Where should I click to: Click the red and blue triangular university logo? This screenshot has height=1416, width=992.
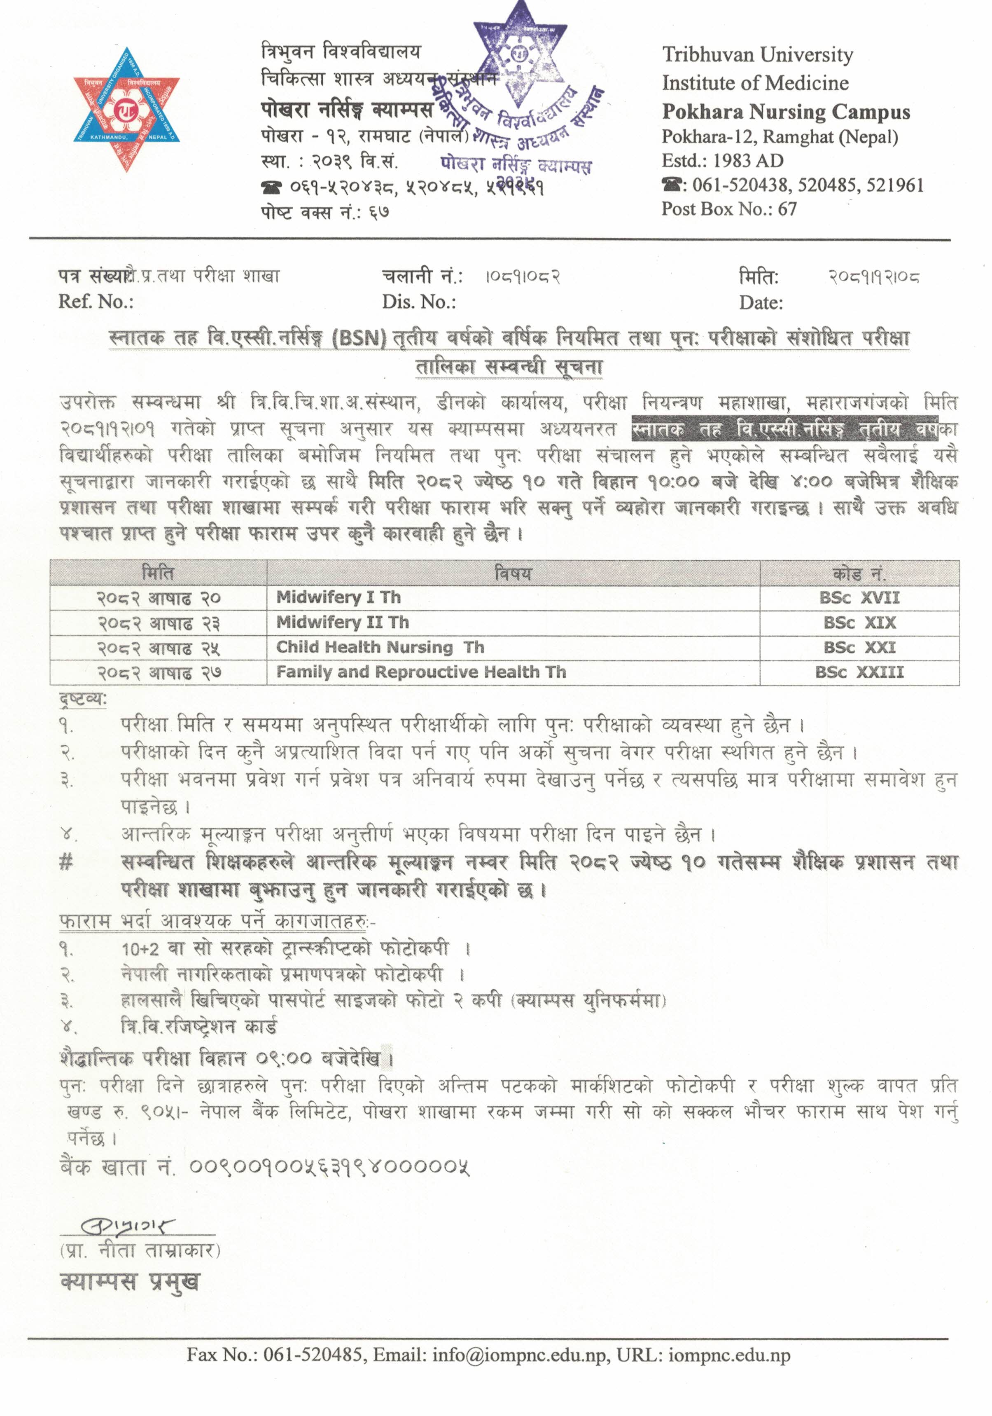pos(126,109)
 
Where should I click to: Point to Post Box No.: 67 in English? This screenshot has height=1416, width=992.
pos(729,209)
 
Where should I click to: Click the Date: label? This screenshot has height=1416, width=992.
pos(761,303)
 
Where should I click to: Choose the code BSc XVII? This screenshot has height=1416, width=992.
pos(859,598)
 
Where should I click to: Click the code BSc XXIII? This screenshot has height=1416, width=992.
pos(859,672)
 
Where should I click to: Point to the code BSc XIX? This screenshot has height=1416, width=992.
pos(859,623)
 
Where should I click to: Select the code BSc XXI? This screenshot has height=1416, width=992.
pos(859,648)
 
